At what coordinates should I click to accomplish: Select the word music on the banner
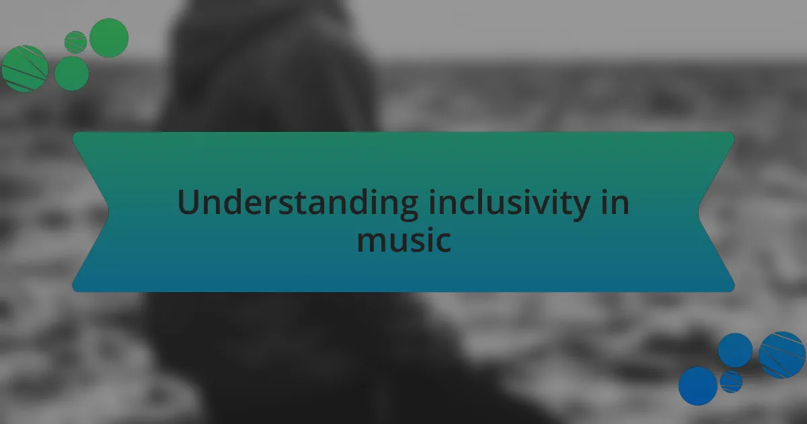(403, 240)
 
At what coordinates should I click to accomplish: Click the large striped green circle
(25, 69)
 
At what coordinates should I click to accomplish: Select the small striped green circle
(75, 42)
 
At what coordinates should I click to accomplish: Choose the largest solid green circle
(109, 38)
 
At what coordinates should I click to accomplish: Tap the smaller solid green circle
(71, 73)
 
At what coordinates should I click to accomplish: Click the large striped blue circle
(782, 355)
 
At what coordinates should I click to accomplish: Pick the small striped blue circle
(731, 382)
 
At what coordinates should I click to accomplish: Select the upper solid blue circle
(735, 350)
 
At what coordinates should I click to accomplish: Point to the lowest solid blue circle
(697, 386)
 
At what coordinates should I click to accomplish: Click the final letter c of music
(442, 242)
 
